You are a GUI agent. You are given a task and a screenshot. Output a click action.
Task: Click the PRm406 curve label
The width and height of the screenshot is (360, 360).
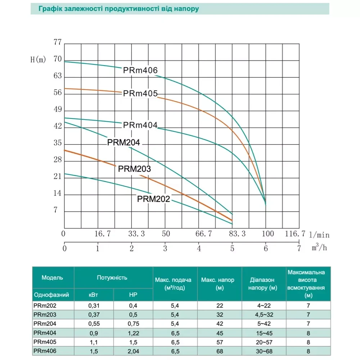[140, 71]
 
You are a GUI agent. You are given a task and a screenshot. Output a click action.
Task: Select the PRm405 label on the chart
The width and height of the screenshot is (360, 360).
[140, 94]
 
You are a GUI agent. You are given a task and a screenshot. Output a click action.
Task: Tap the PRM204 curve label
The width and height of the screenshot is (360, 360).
[123, 143]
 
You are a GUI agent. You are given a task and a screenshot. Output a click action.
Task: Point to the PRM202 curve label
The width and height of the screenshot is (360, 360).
[153, 199]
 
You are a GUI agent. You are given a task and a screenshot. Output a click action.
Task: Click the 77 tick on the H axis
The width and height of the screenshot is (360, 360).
[58, 42]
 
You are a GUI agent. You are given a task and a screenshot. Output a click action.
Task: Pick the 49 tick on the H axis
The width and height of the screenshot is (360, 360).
[58, 110]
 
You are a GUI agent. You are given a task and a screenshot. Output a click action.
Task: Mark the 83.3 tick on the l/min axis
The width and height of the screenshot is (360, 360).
[237, 234]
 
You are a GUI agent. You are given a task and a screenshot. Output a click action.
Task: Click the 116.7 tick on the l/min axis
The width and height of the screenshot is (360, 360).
[295, 234]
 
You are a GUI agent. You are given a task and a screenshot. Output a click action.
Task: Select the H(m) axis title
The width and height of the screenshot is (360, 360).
[38, 60]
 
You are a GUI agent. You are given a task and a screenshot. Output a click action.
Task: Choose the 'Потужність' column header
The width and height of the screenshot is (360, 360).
[112, 278]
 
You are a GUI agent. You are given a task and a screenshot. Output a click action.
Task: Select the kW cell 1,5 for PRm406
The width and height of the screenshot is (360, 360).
[94, 351]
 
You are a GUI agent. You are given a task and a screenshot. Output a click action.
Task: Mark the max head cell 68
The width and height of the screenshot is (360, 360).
[219, 351]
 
